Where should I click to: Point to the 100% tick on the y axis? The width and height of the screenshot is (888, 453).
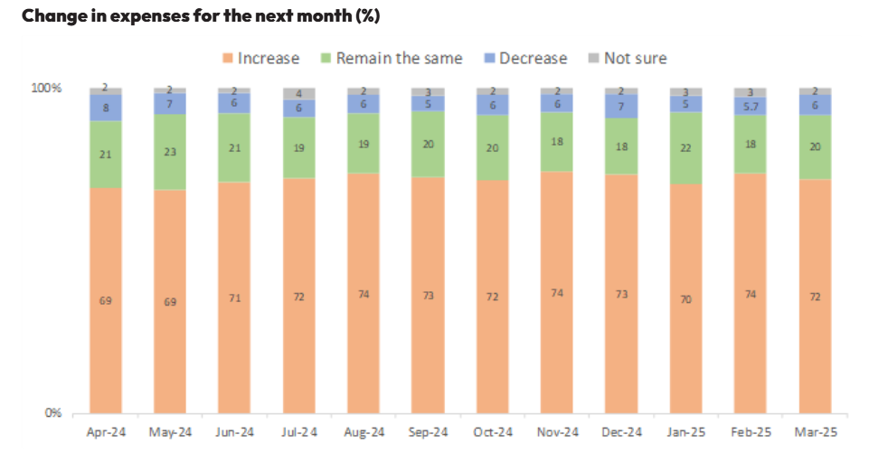tap(46, 89)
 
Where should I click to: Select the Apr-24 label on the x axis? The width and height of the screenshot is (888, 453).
tap(106, 431)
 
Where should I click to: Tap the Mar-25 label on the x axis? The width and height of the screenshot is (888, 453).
tap(815, 431)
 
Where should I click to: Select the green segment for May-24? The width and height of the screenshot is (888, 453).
tap(170, 152)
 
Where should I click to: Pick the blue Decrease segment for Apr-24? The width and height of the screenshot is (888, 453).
tap(106, 108)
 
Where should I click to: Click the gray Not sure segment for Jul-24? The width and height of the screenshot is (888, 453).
tap(298, 94)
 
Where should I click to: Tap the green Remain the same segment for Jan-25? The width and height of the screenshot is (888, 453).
tap(685, 148)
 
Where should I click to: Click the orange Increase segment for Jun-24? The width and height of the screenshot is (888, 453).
tap(234, 297)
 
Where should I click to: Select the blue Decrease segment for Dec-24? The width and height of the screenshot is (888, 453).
tap(621, 107)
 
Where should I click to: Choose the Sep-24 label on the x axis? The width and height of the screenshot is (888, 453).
tap(428, 431)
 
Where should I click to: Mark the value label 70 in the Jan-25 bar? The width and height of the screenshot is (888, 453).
tap(685, 299)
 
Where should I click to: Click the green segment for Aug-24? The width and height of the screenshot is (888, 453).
tap(363, 143)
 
